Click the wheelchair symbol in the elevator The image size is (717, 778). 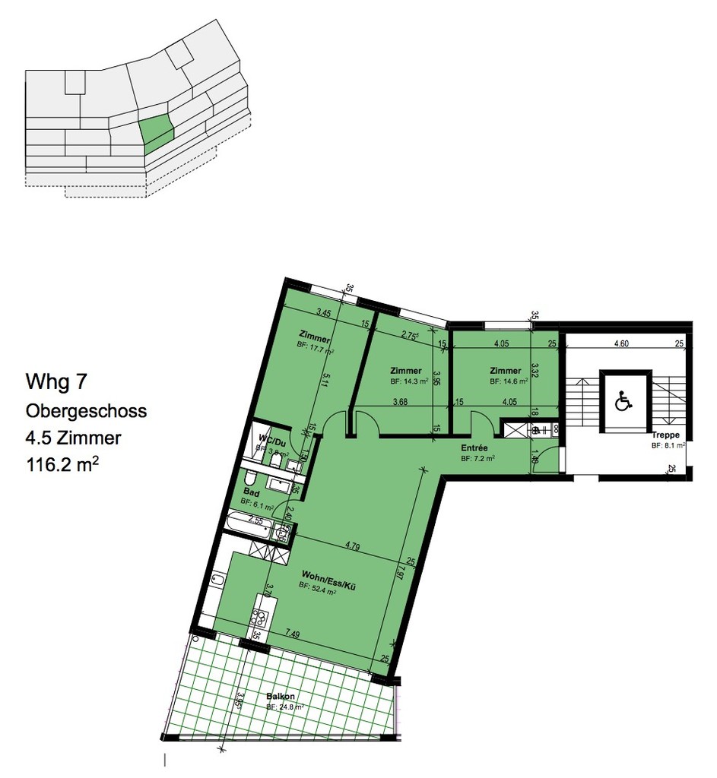[623, 400]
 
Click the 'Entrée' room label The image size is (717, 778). [474, 449]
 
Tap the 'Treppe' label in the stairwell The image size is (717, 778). [666, 435]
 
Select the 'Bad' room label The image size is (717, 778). [249, 492]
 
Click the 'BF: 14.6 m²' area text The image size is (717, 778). [508, 381]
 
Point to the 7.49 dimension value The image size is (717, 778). [294, 633]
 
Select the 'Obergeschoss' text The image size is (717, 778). [86, 411]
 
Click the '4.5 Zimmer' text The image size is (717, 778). [73, 438]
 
